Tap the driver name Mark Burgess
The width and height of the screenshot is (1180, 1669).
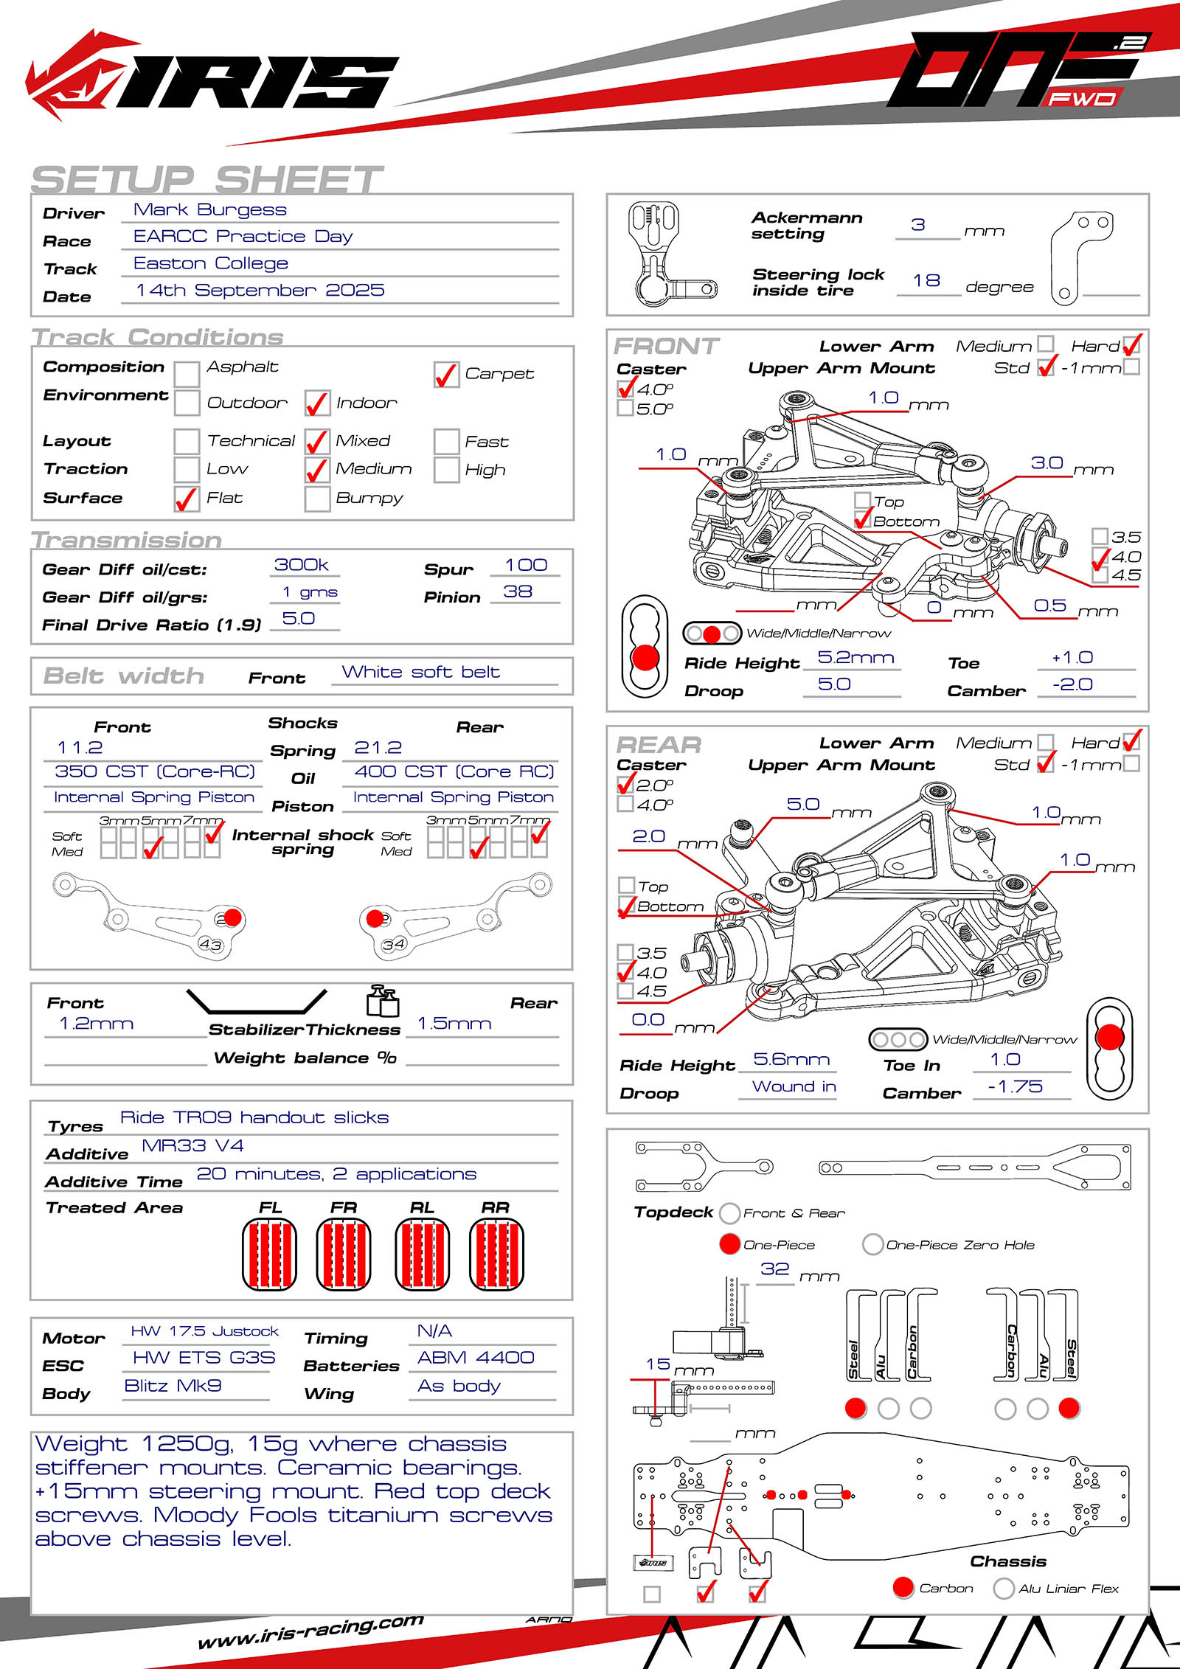(209, 210)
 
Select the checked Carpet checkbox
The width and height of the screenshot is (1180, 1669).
(446, 375)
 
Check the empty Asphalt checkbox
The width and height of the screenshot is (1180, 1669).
(187, 374)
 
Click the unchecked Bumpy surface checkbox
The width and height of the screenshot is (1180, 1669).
(317, 499)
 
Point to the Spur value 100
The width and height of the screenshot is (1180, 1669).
(526, 566)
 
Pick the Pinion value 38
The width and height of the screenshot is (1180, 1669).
(518, 592)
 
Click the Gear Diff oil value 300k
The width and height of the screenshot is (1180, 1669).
(301, 565)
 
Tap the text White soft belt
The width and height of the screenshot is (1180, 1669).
(420, 673)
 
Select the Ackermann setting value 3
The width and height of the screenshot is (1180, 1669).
(918, 225)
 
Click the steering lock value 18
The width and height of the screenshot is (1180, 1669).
(926, 281)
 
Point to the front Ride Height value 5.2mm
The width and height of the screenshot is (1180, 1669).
(855, 658)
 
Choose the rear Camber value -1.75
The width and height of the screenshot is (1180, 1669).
(1016, 1086)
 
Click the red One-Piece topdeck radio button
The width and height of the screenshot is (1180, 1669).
(729, 1244)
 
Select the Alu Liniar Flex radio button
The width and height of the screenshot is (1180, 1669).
(1003, 1588)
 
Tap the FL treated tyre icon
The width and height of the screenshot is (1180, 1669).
(269, 1255)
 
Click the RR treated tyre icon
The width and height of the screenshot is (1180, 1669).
(496, 1255)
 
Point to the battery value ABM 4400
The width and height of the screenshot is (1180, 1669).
(476, 1358)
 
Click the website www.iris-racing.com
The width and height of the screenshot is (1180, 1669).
(310, 1632)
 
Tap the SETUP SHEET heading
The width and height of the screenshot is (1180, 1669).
(206, 180)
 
